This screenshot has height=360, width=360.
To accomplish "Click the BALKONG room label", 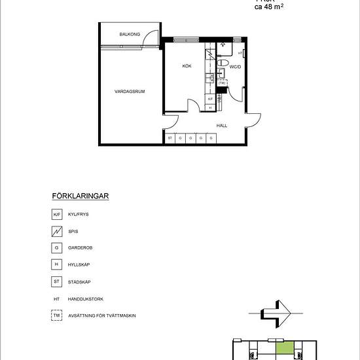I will [130, 34].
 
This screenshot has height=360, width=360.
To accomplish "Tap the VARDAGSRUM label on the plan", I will [130, 92].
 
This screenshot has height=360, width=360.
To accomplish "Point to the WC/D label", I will [236, 67].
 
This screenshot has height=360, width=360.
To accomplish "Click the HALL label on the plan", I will [222, 124].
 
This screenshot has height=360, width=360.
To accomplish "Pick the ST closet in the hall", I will [170, 138].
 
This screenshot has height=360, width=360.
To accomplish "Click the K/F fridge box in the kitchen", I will [210, 99].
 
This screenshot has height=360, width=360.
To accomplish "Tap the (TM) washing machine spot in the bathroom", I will [222, 83].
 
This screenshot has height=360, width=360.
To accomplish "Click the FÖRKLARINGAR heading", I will [79, 196].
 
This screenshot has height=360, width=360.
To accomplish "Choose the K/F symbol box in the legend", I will [56, 214].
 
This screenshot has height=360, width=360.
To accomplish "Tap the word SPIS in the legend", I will [73, 231].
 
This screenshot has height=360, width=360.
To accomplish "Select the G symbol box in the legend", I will [56, 248].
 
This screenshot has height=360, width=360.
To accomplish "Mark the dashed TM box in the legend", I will [56, 315].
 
